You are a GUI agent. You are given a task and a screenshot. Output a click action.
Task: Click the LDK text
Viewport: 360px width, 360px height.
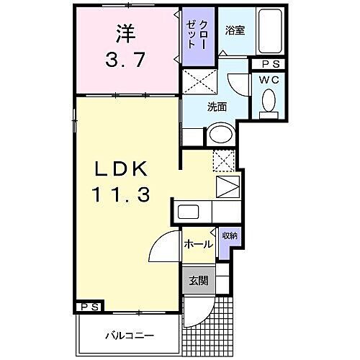tap(119, 170)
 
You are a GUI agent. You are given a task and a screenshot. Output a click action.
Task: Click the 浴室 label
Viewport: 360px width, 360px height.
tap(235, 32)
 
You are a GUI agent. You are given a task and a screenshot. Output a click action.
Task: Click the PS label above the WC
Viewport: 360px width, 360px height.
tap(267, 63)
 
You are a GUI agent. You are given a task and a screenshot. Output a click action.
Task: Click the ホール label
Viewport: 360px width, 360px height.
tap(197, 245)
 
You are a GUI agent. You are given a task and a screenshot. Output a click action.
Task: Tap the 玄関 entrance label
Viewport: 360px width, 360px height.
tap(197, 282)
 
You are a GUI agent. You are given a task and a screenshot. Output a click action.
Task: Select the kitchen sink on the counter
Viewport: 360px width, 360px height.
tap(189, 212)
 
